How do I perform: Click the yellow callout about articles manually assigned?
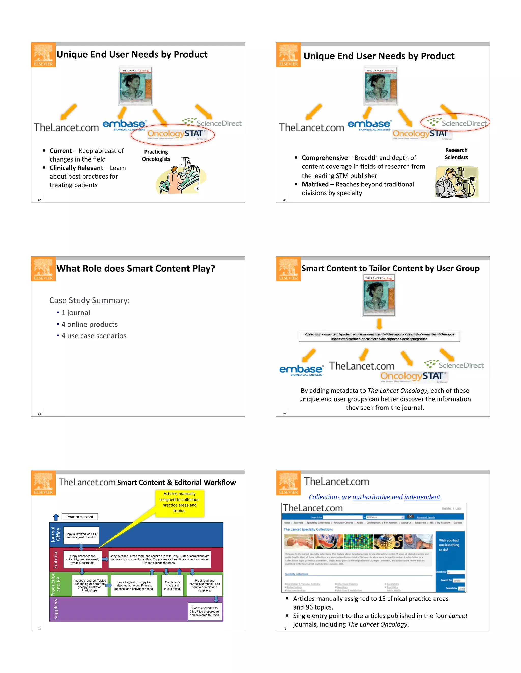pyautogui.click(x=179, y=502)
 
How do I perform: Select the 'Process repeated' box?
pyautogui.click(x=80, y=517)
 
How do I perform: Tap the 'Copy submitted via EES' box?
pyautogui.click(x=81, y=536)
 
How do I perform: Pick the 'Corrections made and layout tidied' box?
pyautogui.click(x=172, y=585)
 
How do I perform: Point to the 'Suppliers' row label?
pyautogui.click(x=55, y=609)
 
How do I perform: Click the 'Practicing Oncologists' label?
pyautogui.click(x=156, y=155)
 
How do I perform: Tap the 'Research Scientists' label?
pyautogui.click(x=456, y=154)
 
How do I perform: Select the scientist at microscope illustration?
pyautogui.click(x=456, y=182)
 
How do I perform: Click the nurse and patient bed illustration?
pyautogui.click(x=181, y=176)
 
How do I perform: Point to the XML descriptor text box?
pyautogui.click(x=379, y=336)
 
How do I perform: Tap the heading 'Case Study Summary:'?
pyautogui.click(x=90, y=300)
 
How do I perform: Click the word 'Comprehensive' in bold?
pyautogui.click(x=325, y=158)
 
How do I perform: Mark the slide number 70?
pyautogui.click(x=285, y=414)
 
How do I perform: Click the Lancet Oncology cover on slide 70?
pyautogui.click(x=379, y=295)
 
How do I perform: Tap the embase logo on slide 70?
pyautogui.click(x=301, y=370)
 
